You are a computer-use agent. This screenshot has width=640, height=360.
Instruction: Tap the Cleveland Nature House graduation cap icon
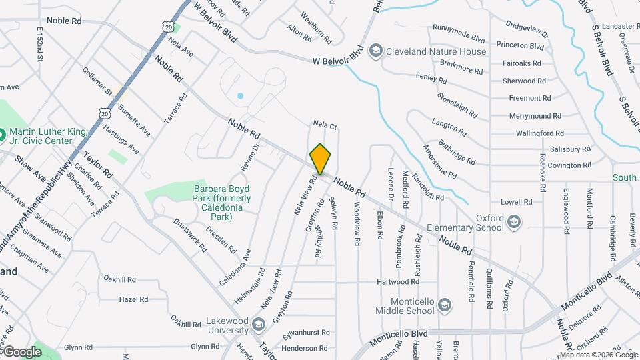tap(375, 51)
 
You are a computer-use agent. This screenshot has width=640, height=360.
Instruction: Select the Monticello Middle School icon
tap(445, 306)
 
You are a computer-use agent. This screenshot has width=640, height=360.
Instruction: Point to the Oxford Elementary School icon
tap(513, 222)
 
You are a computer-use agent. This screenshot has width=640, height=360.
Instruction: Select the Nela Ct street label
tap(325, 125)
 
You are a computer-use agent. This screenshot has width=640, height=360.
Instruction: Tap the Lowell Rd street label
tap(517, 201)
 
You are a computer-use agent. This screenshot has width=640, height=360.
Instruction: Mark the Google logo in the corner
tap(22, 351)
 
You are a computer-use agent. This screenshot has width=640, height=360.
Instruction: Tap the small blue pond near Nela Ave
tap(240, 96)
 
